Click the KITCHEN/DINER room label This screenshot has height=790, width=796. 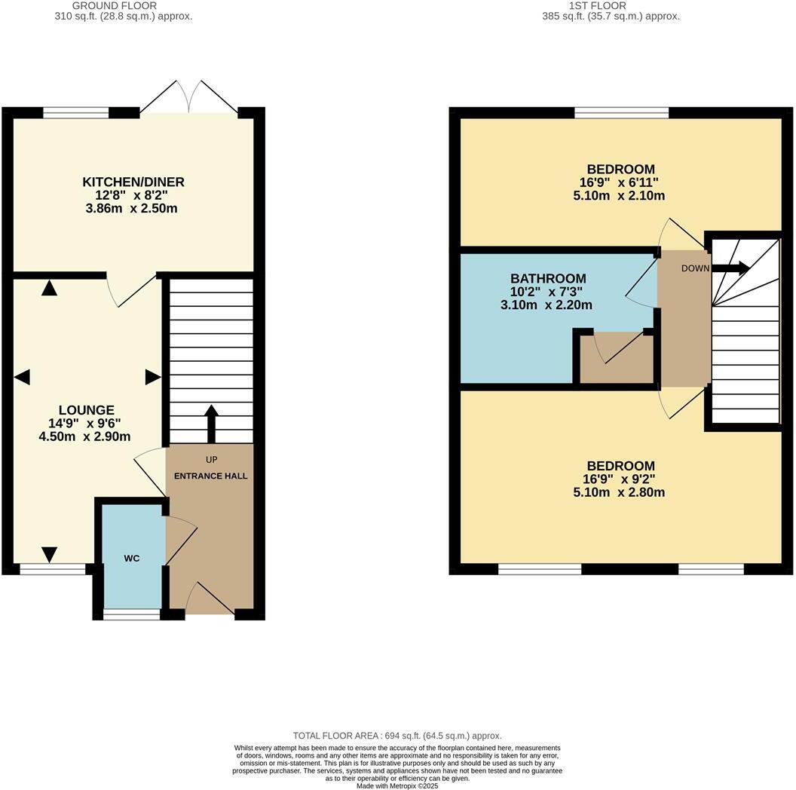[x=133, y=182]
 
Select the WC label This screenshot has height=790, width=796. [x=132, y=558]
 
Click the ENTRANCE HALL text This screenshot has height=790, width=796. [x=210, y=476]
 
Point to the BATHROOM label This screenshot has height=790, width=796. [x=547, y=278]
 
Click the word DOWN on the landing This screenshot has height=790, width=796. [x=695, y=268]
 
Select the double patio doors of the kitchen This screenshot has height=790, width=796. [x=189, y=98]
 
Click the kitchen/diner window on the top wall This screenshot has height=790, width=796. [x=76, y=113]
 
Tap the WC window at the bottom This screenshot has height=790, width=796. [x=132, y=614]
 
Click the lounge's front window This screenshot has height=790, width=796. [x=53, y=569]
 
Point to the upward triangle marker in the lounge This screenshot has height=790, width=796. [x=50, y=287]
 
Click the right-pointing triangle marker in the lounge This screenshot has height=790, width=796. [x=153, y=377]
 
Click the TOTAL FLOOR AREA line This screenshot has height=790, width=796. [x=397, y=735]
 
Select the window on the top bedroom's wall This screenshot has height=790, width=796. [x=621, y=113]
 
